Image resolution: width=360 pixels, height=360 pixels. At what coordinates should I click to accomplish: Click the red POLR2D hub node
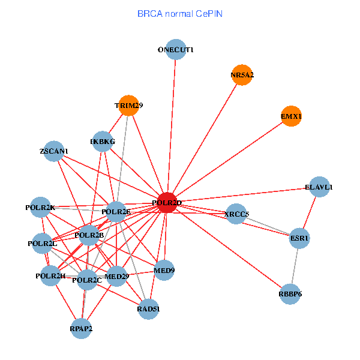(167, 203)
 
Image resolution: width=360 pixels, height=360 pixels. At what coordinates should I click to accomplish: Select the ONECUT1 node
(176, 49)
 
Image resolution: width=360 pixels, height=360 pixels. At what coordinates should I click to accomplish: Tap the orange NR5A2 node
(242, 75)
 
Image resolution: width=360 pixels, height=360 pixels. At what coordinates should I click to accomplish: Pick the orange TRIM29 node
(129, 106)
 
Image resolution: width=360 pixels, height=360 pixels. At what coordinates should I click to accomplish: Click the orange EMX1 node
(291, 116)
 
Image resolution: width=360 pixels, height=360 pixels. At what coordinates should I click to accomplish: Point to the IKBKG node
(103, 142)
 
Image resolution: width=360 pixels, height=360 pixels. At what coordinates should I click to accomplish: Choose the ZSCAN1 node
(54, 151)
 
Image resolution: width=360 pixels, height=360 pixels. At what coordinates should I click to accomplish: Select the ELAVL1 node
(319, 187)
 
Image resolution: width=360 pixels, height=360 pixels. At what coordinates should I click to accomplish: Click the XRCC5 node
(236, 214)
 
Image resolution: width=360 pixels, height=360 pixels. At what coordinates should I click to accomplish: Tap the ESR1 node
(299, 238)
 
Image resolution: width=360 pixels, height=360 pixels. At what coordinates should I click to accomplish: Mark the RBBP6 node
(290, 294)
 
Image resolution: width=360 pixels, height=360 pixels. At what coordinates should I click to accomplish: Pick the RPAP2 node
(81, 329)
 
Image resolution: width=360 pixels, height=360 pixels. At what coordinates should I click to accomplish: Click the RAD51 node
(148, 309)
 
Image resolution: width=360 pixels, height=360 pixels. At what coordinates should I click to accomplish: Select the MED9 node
(164, 270)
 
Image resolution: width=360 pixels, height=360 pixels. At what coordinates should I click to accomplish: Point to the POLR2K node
(40, 207)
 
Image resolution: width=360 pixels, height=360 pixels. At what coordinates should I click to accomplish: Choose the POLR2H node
(50, 275)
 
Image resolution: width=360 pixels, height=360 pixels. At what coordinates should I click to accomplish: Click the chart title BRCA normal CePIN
(180, 14)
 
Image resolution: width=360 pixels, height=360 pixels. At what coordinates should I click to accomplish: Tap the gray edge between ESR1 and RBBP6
(295, 266)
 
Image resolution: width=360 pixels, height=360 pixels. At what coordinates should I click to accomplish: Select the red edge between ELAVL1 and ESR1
(310, 212)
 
